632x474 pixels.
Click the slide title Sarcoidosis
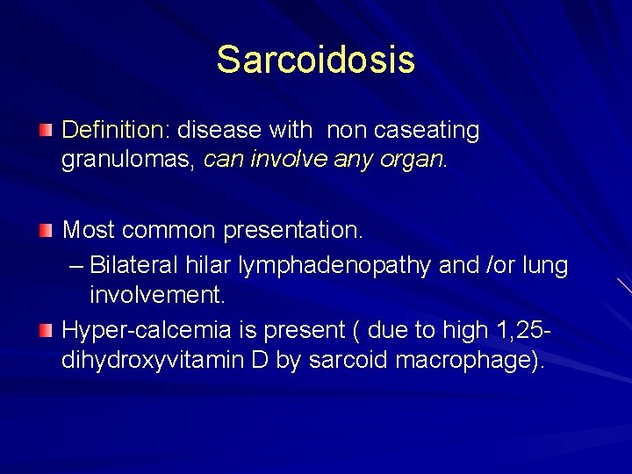pos(315,60)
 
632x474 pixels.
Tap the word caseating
pos(427,131)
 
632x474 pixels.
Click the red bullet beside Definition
pos(46,131)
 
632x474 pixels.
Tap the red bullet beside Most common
pos(46,231)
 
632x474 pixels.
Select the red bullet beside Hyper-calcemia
pos(46,330)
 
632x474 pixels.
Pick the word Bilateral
pos(138,264)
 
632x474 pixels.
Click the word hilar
pos(212,264)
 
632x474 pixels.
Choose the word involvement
pos(157,296)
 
